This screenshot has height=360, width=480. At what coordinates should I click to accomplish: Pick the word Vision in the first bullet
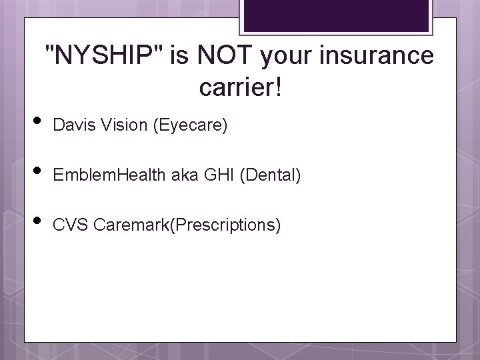[x=121, y=125]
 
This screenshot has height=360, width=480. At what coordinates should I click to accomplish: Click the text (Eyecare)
[x=191, y=125]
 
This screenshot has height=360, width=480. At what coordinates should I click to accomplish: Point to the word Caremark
[x=131, y=225]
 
